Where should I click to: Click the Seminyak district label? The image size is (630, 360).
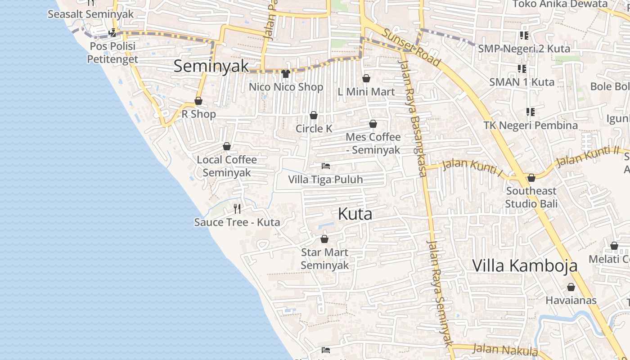[211, 66]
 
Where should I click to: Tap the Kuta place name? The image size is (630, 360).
[355, 214]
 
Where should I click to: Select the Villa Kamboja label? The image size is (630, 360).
[525, 265]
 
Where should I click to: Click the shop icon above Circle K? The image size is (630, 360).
[314, 116]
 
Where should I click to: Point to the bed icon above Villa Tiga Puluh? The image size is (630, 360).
[326, 166]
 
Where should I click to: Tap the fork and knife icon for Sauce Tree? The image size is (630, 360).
[237, 208]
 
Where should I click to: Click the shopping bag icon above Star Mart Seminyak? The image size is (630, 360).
[324, 239]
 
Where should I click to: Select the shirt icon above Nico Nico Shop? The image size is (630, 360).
[286, 74]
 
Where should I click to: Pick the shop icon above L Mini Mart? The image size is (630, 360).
[366, 79]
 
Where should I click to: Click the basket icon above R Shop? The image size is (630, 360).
[198, 101]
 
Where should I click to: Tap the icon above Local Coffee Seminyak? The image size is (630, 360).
[227, 146]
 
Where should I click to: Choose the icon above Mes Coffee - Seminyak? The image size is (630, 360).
[373, 124]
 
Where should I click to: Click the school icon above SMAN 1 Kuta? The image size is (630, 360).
[522, 69]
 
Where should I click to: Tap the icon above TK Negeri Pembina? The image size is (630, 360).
[531, 112]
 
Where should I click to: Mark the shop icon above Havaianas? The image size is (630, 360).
[571, 287]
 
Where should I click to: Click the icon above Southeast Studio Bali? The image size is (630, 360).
[531, 178]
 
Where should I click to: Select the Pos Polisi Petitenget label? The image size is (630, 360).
[112, 53]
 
